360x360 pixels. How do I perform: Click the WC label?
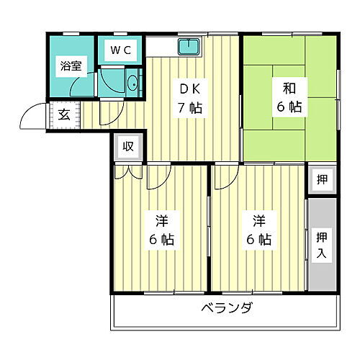click(x=120, y=50)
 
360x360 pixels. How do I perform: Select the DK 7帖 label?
click(x=191, y=100)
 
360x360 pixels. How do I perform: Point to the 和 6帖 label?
click(x=289, y=97)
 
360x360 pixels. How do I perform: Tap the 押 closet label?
click(x=321, y=180)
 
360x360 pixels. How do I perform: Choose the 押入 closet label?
click(x=321, y=244)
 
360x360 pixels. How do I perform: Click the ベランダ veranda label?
click(x=226, y=310)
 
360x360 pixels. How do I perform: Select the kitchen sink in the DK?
click(x=189, y=48)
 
